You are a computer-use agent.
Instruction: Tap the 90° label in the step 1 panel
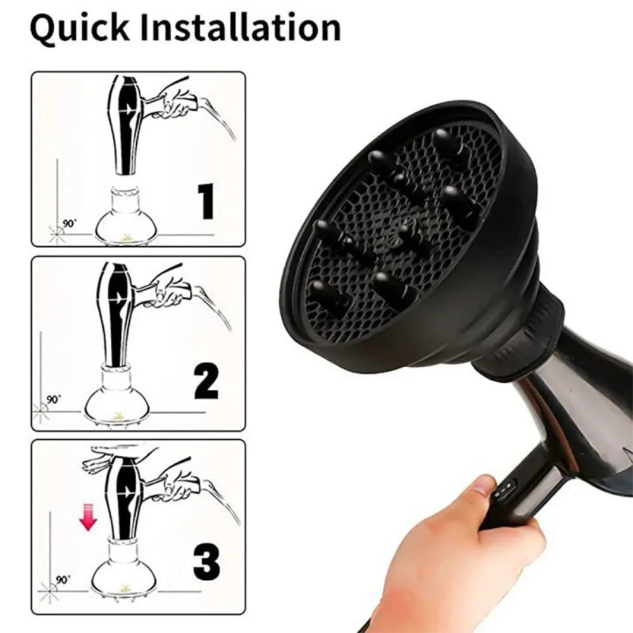[69, 224]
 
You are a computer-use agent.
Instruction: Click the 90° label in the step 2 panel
[54, 399]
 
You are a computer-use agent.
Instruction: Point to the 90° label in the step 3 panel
[63, 580]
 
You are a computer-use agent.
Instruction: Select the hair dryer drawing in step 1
[124, 123]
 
